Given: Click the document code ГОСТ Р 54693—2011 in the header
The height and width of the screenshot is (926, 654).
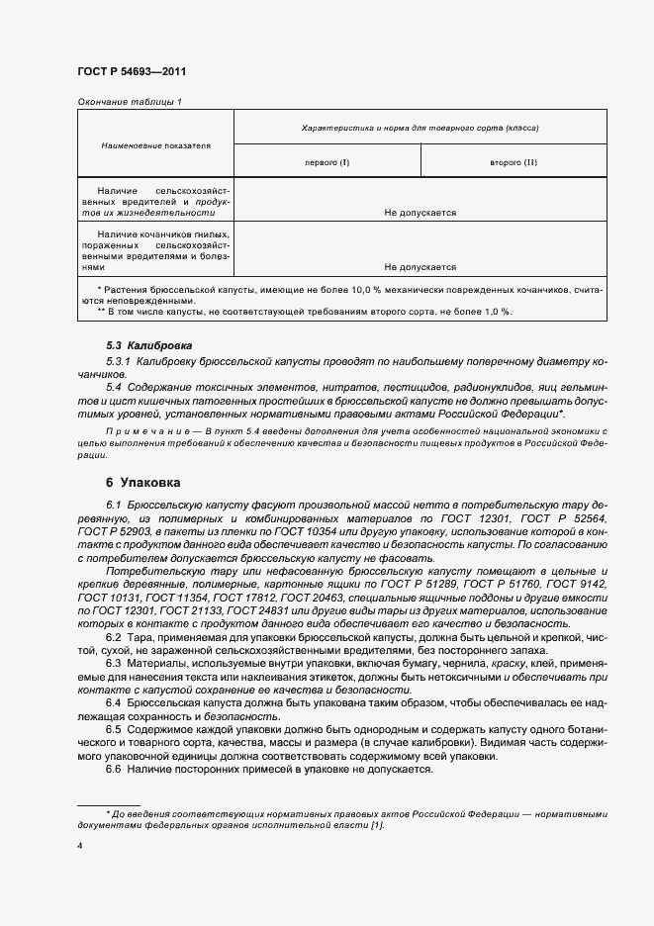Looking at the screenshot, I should (x=131, y=72).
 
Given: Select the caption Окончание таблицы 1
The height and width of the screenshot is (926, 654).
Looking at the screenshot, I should (x=129, y=102).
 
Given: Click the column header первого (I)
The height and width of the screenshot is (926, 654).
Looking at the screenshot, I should (x=327, y=161).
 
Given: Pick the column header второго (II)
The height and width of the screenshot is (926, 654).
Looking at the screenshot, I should (x=514, y=161).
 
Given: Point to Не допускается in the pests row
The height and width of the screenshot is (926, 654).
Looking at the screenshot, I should (x=420, y=212).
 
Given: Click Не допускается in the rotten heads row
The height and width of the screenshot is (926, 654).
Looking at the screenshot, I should (x=420, y=266).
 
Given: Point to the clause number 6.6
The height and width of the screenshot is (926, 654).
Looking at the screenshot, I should (x=116, y=769).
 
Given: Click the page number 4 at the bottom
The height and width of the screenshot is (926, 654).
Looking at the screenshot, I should (x=79, y=847).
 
